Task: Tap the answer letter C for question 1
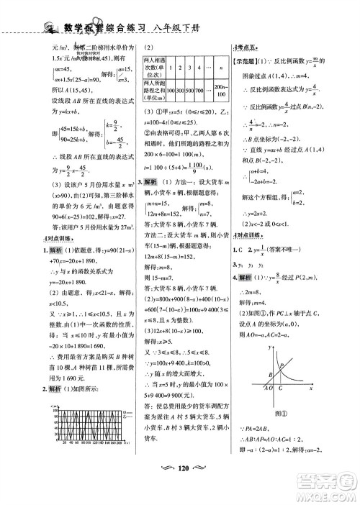coord(250,241)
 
